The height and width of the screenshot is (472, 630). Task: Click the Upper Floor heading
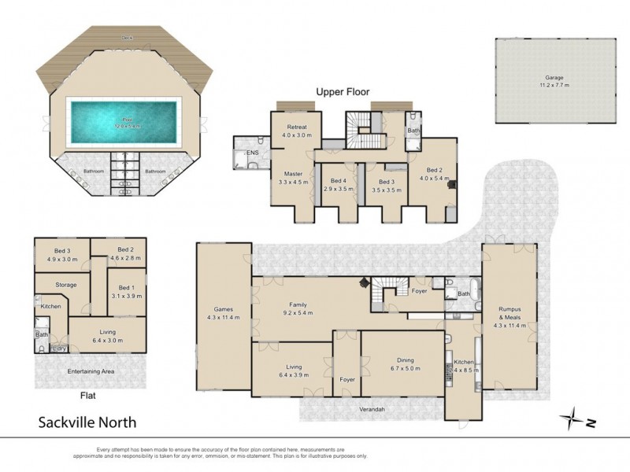[342, 92]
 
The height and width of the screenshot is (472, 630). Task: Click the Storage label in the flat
[66, 285]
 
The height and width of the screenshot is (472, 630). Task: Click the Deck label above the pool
[126, 38]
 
